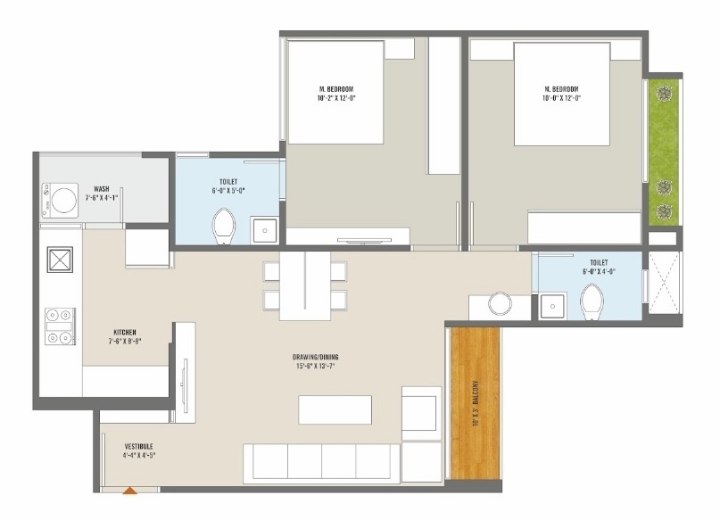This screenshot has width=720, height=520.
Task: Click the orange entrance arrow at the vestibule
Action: [x=130, y=489]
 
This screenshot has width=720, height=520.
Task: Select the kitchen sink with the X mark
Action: [x=60, y=261]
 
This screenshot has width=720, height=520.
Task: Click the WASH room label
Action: [x=101, y=189]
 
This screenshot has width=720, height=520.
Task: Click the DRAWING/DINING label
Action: [x=317, y=358]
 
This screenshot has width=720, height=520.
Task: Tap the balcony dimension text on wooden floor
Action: [x=476, y=402]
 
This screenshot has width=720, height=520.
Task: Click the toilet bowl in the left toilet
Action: [x=224, y=227]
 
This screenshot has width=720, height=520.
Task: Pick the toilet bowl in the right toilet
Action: [x=592, y=302]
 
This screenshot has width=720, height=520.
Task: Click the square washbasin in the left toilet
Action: [x=265, y=231]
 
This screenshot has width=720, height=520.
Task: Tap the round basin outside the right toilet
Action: [x=499, y=305]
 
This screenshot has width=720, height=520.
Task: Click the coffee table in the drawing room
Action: [x=335, y=409]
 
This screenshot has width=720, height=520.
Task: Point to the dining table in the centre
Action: [x=305, y=285]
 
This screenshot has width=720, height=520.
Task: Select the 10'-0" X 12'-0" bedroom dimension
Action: [x=562, y=98]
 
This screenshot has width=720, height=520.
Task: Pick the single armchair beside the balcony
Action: [x=421, y=412]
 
